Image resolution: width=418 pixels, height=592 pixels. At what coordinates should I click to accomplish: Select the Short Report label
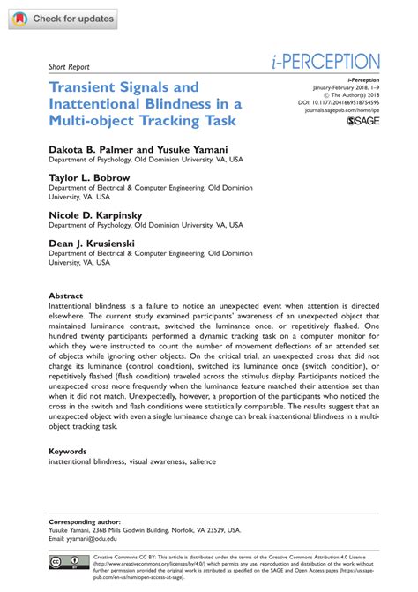71,66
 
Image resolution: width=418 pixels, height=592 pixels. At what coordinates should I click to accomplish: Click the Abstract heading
65,296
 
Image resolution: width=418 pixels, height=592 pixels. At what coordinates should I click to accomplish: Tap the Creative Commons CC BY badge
70,561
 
